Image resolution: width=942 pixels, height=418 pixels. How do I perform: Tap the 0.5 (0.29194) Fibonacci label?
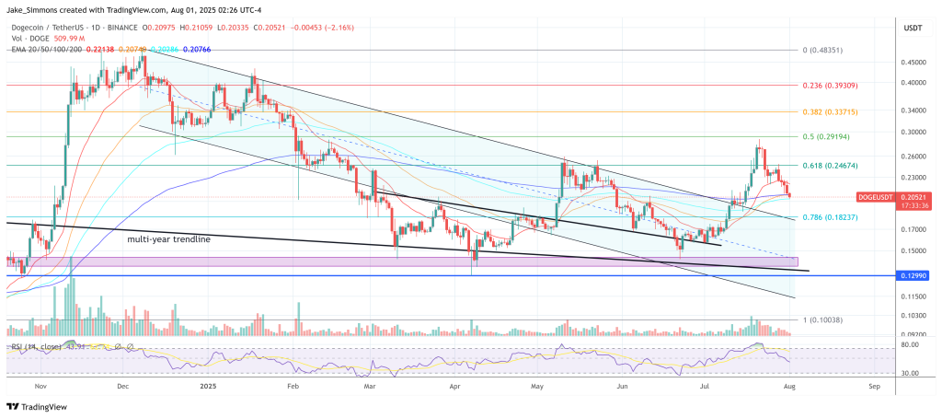tap(824, 136)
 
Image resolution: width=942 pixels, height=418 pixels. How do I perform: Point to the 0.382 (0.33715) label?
tap(828, 110)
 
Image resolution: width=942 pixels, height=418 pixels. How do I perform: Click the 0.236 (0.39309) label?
tap(828, 85)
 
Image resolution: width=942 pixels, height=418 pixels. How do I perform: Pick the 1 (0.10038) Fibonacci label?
tap(821, 319)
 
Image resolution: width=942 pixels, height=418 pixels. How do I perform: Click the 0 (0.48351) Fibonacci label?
tap(821, 50)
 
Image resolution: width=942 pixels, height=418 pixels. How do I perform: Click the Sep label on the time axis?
tap(873, 388)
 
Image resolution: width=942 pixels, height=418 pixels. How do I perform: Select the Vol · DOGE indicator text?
tap(37, 20)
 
